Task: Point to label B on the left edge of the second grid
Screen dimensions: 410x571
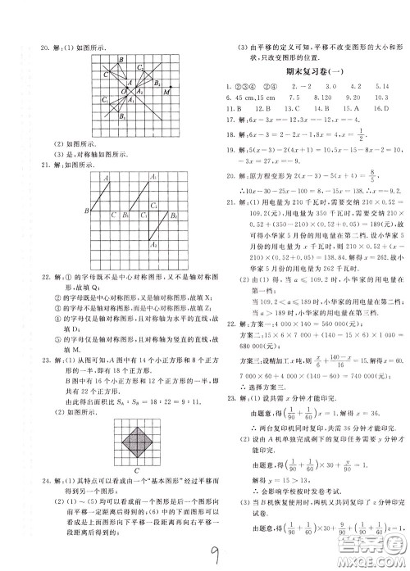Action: (x=85, y=212)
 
